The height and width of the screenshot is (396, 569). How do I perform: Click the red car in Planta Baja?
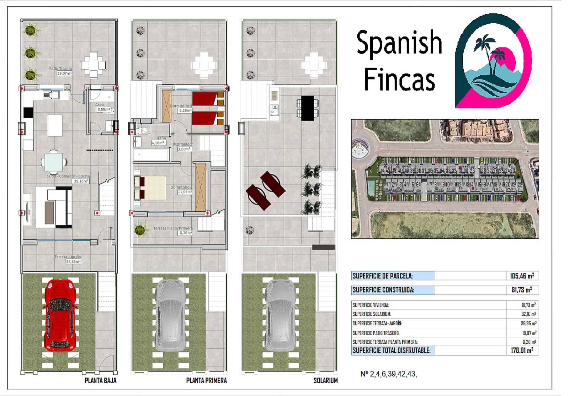coord(60,315)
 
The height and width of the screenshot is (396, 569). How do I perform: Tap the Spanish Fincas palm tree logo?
coord(493,61)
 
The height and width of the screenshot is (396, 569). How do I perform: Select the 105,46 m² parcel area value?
coord(522,276)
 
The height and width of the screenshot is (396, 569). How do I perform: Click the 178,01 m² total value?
coord(522,351)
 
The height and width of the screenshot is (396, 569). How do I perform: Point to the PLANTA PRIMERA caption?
coord(206,380)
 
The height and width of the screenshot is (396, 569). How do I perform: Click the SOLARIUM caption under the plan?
coord(325,380)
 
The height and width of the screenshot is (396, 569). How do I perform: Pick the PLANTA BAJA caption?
coord(100,380)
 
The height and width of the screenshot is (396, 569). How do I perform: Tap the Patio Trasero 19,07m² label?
coord(61,71)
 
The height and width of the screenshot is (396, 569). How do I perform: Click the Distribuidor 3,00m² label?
coord(183,147)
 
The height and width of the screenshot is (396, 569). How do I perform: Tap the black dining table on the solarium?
coord(307,108)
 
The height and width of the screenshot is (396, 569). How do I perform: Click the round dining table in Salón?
coord(54,162)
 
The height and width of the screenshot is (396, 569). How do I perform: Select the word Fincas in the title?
coord(399,80)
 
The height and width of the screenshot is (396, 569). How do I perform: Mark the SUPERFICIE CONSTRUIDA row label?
coord(383,290)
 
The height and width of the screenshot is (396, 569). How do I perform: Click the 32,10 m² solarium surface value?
coord(528,314)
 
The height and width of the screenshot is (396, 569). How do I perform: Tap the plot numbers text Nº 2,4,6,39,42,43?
coord(388,374)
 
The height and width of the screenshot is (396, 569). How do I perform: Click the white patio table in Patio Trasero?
coord(94,65)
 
